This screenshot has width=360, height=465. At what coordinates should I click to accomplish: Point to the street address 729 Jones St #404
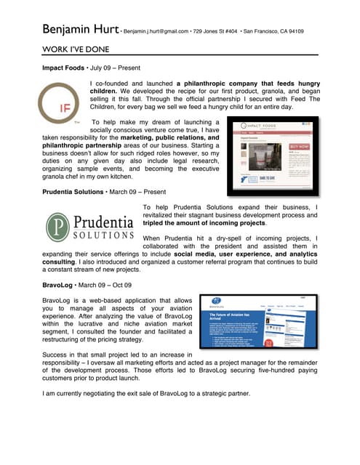point(219,32)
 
